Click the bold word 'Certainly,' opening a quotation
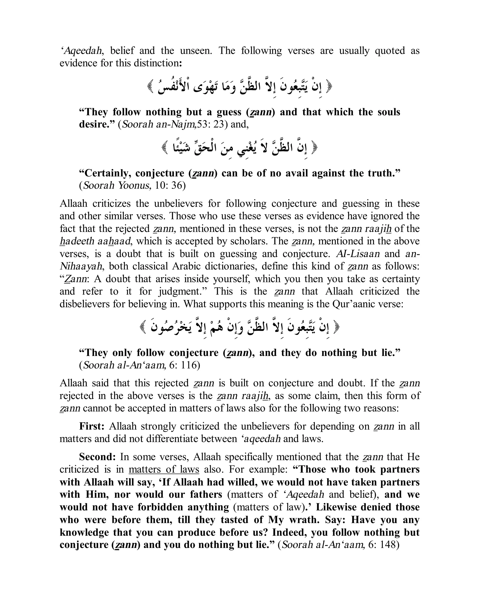[105, 173]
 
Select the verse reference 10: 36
[170, 186]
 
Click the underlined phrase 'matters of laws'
[164, 469]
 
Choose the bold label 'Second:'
[97, 457]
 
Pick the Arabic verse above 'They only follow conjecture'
[240, 327]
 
